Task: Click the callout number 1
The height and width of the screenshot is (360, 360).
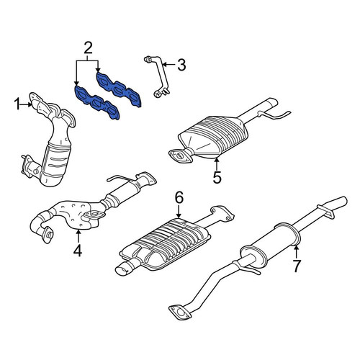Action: point(17,104)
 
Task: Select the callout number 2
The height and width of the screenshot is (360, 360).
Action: point(88,48)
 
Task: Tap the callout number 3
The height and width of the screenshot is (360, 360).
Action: point(181,65)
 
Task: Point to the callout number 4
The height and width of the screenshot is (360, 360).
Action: point(78,251)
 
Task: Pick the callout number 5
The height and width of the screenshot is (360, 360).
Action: point(217,177)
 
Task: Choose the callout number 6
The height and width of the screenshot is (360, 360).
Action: point(179,197)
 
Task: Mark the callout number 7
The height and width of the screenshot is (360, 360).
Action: point(297,266)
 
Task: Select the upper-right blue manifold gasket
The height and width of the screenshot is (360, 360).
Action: point(118,89)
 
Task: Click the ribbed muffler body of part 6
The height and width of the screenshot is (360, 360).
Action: point(166,243)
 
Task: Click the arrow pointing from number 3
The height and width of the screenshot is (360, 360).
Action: point(169,65)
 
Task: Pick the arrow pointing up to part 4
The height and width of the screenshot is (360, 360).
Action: point(78,236)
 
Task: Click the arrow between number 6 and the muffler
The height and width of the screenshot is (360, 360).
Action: point(179,211)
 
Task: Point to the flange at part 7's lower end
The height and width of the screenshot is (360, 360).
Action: point(180,312)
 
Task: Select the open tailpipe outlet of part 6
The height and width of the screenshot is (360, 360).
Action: point(123,271)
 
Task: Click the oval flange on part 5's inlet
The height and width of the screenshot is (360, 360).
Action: point(181,156)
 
